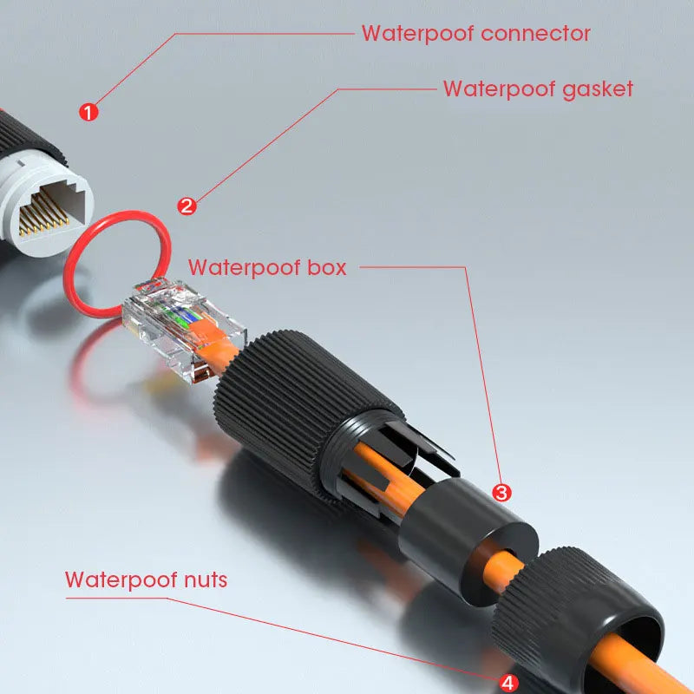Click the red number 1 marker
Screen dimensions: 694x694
tap(88, 111)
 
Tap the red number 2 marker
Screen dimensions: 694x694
tap(187, 206)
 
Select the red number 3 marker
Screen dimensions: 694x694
tap(501, 492)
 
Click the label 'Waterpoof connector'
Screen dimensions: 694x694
tap(475, 34)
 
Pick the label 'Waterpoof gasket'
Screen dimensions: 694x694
tap(538, 88)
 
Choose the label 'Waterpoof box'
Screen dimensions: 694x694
tap(267, 267)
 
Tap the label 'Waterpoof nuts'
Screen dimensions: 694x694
tap(146, 579)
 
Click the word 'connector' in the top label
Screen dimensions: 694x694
tap(535, 34)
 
